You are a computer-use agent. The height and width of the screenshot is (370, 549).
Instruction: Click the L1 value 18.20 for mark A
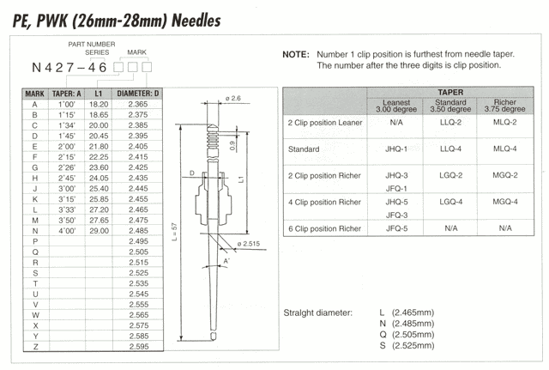[99, 104]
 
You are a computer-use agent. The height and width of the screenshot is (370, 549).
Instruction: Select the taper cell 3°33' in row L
[67, 209]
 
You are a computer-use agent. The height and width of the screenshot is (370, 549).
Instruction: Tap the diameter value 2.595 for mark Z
[139, 347]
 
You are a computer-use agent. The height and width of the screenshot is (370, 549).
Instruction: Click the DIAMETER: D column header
[137, 94]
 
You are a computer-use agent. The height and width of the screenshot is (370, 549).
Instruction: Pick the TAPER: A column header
[67, 94]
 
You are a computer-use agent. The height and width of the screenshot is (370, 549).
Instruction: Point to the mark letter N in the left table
[35, 231]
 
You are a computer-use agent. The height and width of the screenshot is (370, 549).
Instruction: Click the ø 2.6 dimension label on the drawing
[233, 98]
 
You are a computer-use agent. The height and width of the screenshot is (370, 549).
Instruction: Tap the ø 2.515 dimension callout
[248, 244]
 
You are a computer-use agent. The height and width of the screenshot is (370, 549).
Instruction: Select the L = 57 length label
[175, 232]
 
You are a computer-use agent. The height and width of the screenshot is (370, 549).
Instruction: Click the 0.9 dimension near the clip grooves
[232, 146]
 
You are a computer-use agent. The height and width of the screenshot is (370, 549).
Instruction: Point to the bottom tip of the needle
[213, 340]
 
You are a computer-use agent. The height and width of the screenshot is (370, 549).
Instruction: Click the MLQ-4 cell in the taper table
[505, 149]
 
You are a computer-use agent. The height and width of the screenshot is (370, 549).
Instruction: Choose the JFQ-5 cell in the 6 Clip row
[396, 228]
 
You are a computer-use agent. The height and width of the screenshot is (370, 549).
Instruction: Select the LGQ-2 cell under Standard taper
[450, 175]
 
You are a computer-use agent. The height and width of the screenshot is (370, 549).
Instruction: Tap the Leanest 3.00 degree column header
[396, 106]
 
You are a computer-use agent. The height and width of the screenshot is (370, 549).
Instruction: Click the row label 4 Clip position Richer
[324, 202]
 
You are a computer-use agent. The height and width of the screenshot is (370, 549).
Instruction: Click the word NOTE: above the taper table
[296, 55]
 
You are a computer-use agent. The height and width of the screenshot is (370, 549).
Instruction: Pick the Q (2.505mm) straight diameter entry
[407, 335]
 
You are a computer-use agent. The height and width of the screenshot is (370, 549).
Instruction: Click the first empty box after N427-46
[118, 67]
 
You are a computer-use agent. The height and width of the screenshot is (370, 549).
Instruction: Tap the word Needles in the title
[196, 21]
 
